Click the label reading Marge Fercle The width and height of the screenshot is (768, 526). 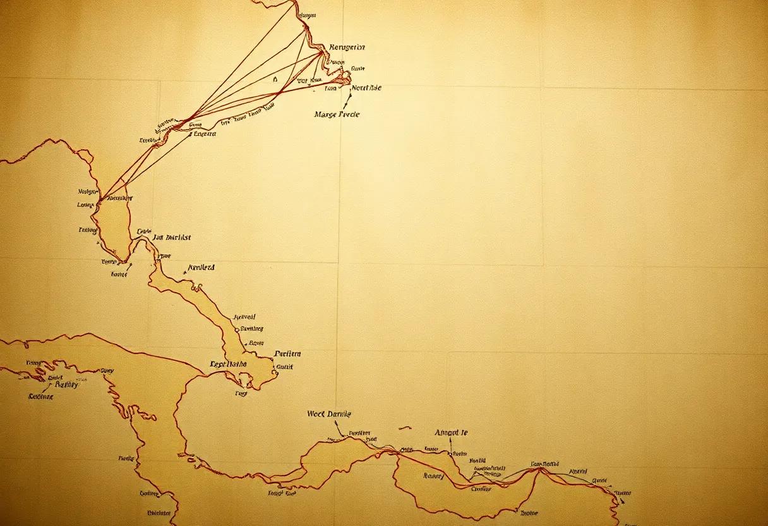point(337,114)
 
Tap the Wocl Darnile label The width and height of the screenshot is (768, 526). point(329,414)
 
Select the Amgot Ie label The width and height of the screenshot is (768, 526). point(451,433)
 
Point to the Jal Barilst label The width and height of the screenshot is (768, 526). point(172,238)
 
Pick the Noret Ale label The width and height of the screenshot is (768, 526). point(366,89)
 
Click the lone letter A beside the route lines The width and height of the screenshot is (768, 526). point(275,80)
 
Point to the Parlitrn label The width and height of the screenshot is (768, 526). point(288,354)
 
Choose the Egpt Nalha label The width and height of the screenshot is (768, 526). point(228,364)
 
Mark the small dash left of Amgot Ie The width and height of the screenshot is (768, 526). point(405,427)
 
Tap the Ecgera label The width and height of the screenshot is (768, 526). point(205,134)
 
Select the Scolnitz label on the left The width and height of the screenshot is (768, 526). point(41,396)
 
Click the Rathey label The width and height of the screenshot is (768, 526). point(67,384)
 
